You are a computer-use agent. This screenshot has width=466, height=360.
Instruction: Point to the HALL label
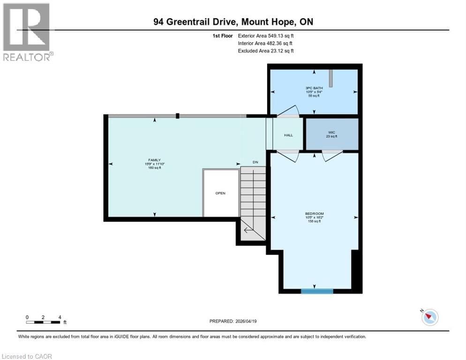(x=288, y=135)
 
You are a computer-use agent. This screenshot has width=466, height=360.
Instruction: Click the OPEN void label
(x=220, y=193)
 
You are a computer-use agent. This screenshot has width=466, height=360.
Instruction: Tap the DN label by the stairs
(x=256, y=162)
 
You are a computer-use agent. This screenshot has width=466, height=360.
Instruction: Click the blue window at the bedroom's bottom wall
(x=317, y=291)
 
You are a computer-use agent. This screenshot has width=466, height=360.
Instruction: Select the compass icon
(x=429, y=317)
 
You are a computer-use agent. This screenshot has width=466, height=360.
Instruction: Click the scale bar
(x=43, y=322)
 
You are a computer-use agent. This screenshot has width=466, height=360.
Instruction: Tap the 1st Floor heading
(x=222, y=36)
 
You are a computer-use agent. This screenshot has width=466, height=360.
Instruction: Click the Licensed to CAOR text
(x=27, y=356)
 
